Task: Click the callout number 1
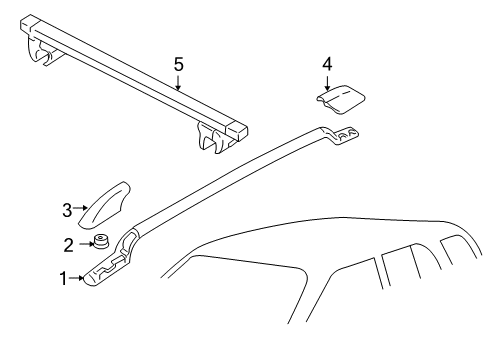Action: (65, 278)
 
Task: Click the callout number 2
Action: (69, 243)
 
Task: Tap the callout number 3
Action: (68, 210)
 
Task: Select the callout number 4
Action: (326, 64)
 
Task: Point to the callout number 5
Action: (178, 64)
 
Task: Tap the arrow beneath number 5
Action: (178, 81)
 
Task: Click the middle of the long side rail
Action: (240, 175)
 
